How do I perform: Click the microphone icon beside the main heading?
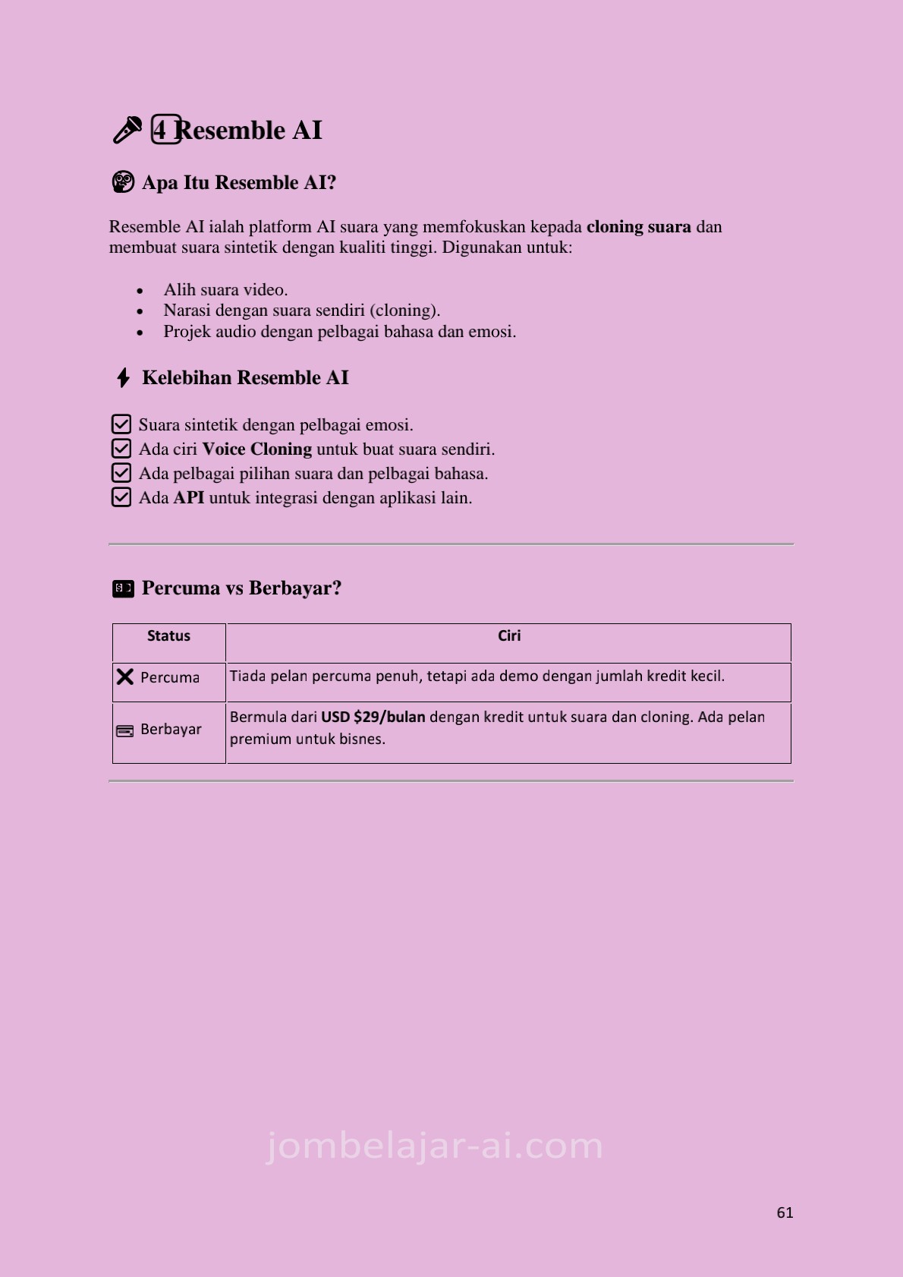pos(127,130)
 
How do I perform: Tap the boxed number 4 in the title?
pos(165,130)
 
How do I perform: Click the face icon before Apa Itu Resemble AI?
pos(122,182)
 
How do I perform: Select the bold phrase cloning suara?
pos(638,227)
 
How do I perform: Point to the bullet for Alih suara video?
pos(140,291)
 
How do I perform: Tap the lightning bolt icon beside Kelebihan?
pos(123,377)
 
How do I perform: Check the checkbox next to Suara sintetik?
pos(121,424)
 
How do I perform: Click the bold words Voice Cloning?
pos(256,449)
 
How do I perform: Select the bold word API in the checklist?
pos(188,498)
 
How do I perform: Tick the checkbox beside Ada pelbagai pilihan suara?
pos(121,473)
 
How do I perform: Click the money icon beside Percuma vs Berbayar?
pos(123,588)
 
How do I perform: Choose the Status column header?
pos(168,636)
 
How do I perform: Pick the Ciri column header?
pos(508,636)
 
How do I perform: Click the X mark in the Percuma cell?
pos(125,676)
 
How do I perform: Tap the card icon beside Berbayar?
pos(124,731)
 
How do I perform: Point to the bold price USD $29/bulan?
pos(373,717)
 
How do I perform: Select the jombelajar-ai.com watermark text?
pos(434,1146)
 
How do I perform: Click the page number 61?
pos(785,1212)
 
